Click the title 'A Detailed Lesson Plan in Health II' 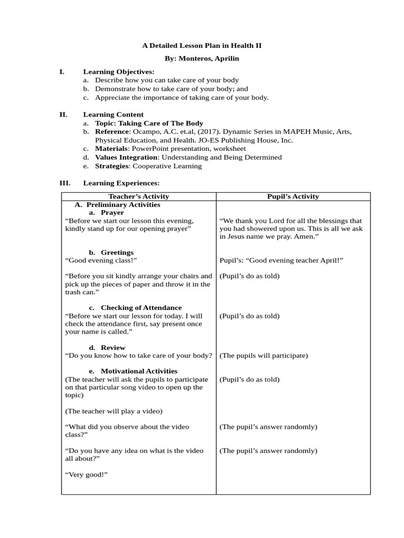(201, 46)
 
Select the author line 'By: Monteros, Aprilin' (201, 59)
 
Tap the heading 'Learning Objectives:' (118, 71)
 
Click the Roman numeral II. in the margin (64, 114)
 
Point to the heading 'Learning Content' (113, 115)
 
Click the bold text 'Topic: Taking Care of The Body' (149, 123)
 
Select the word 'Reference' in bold (112, 131)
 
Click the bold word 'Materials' (111, 149)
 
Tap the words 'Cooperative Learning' (167, 166)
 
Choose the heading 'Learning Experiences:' (121, 183)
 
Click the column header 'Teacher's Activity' (139, 196)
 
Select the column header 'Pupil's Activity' (293, 196)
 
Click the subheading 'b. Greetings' (111, 252)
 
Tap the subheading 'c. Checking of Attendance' (135, 307)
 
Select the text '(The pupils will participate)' (263, 356)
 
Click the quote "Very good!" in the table (86, 474)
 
